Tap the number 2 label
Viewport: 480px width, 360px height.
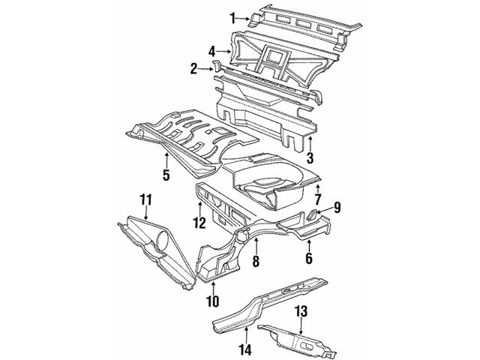[194, 69]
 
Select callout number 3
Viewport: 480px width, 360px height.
[309, 157]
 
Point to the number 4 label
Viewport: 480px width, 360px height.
[212, 51]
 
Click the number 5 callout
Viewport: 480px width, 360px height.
[166, 175]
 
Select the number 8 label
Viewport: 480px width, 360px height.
[255, 262]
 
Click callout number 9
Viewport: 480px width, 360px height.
[337, 206]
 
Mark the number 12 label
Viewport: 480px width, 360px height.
[199, 222]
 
